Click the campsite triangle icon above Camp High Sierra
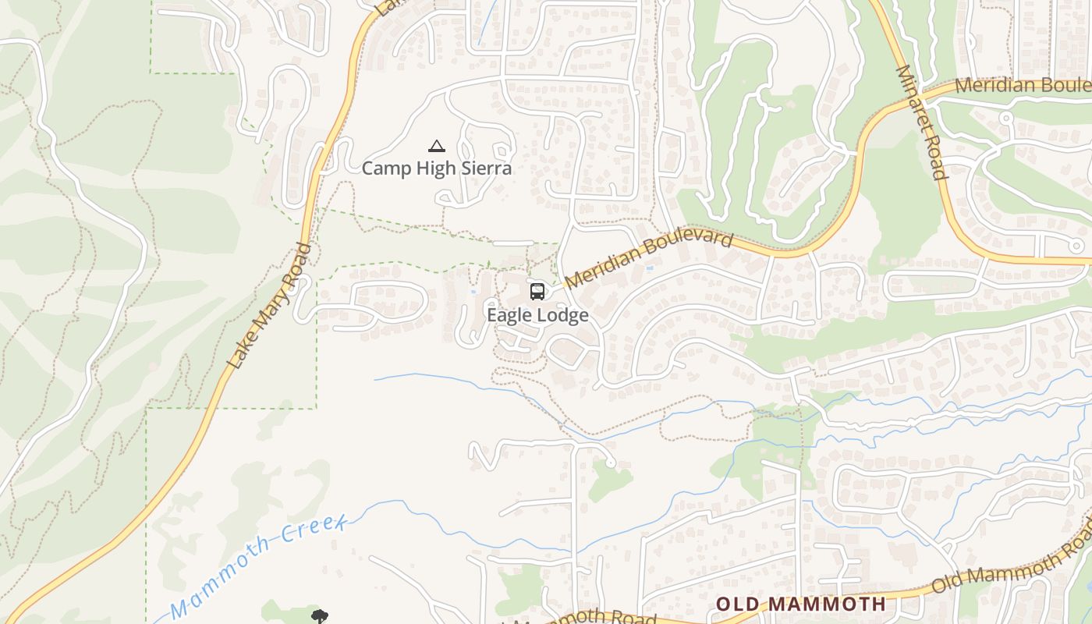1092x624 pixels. point(437,146)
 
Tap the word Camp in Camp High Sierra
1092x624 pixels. point(386,168)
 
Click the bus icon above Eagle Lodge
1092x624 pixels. point(537,292)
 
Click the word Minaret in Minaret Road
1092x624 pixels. point(911,100)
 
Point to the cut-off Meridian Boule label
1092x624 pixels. point(1022,85)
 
